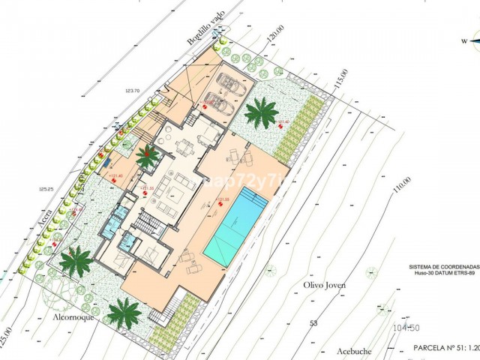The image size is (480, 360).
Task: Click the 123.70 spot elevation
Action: click(x=133, y=91)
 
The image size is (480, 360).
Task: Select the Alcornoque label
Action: click(x=73, y=317)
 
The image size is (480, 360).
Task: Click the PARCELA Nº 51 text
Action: click(x=442, y=349)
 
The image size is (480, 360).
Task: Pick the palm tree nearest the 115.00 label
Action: click(x=260, y=112)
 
